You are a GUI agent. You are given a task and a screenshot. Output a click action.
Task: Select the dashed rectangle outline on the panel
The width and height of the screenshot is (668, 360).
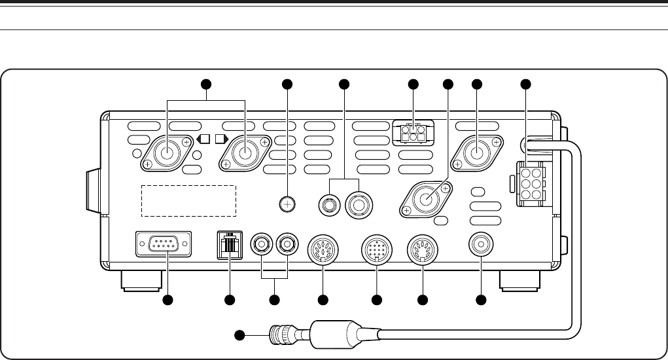188,200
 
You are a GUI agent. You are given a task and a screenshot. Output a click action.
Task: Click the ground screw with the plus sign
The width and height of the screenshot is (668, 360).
285,204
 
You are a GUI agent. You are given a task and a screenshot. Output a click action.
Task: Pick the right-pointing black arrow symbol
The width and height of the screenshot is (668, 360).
219,139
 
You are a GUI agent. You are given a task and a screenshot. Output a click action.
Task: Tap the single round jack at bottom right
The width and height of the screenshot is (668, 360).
481,245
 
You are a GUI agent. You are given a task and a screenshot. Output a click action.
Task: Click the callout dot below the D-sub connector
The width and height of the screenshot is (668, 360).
167,300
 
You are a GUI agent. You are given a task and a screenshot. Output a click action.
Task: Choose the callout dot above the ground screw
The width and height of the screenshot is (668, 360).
285,84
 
